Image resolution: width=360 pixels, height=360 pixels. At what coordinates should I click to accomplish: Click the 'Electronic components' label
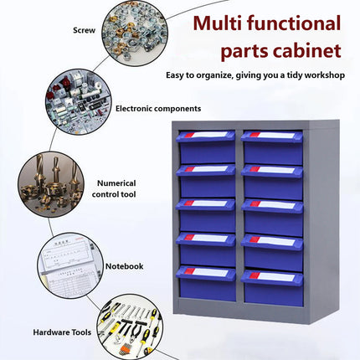click(x=157, y=108)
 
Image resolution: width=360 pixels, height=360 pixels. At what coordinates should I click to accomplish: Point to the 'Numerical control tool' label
click(x=116, y=188)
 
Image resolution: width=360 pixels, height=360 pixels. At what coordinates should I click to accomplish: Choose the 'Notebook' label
click(x=124, y=266)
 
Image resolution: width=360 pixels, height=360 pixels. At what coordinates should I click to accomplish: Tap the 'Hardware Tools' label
click(x=62, y=332)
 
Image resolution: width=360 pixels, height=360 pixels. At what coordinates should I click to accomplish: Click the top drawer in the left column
click(x=206, y=147)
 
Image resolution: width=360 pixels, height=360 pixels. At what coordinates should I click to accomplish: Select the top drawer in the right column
click(x=272, y=147)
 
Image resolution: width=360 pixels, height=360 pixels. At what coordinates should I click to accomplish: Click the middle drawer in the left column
click(x=206, y=215)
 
